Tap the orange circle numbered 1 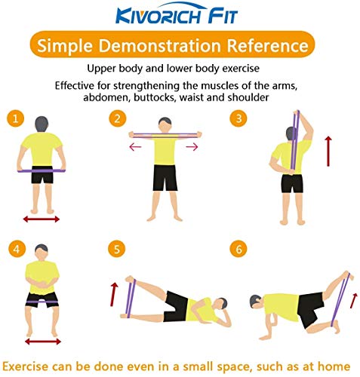[x=16, y=118]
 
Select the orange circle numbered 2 [x=117, y=118]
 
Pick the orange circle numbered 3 [x=239, y=118]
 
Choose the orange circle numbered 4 [x=16, y=249]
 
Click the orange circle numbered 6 [x=239, y=249]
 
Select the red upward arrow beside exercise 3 [x=328, y=150]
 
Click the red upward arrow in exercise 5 [x=114, y=293]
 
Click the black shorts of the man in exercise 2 [x=164, y=177]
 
